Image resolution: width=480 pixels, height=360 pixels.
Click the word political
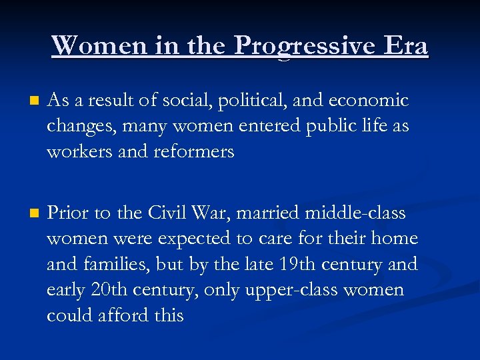pos(260,101)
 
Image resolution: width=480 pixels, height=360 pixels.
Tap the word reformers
pos(194,151)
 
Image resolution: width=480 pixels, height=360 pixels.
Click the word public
pos(327,126)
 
